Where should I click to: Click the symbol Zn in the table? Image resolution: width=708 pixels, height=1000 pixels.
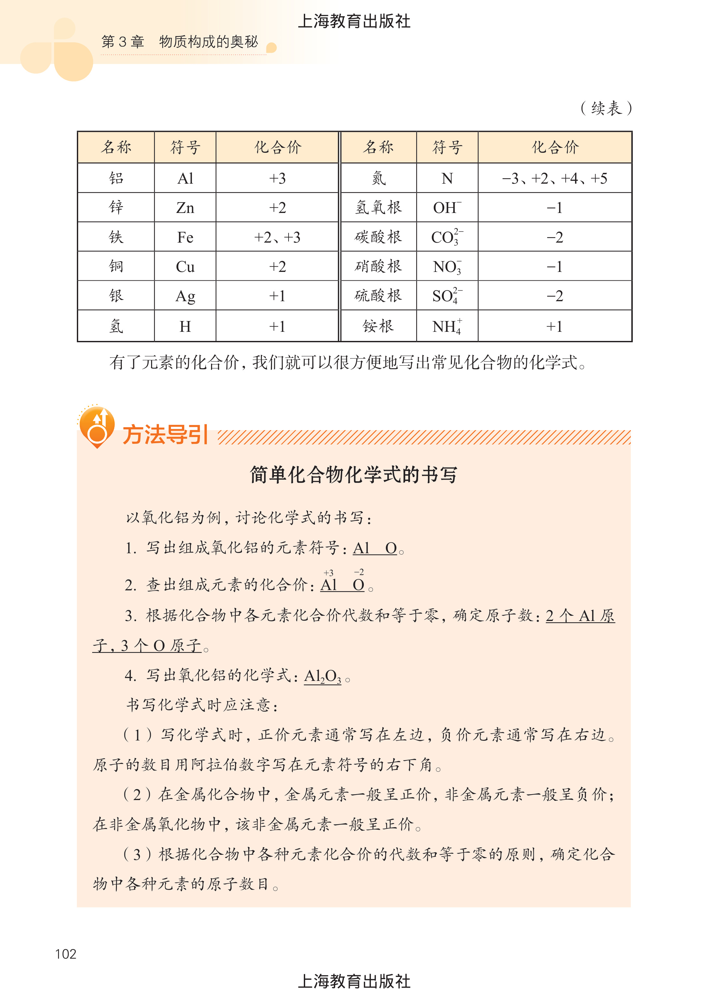tap(185, 207)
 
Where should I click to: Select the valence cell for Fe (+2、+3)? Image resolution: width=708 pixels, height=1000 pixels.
tap(277, 237)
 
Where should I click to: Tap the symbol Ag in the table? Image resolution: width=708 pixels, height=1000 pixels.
tap(185, 296)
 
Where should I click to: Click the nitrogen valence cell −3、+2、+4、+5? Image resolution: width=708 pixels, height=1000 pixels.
tap(555, 178)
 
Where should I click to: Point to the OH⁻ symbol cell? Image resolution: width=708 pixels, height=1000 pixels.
tap(447, 207)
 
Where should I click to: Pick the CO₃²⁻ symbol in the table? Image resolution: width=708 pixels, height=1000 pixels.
tap(447, 237)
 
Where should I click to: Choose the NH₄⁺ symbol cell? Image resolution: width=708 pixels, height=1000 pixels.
tap(447, 326)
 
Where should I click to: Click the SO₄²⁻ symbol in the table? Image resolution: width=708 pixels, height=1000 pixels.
tap(447, 296)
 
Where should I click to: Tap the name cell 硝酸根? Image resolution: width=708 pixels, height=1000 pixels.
tap(378, 266)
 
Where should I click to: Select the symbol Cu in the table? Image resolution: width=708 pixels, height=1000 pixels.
tap(185, 266)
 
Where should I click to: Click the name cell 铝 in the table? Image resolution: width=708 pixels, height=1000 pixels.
tap(116, 178)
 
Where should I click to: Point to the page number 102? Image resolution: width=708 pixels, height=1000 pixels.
tap(66, 954)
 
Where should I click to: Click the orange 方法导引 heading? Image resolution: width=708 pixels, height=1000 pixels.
tap(165, 435)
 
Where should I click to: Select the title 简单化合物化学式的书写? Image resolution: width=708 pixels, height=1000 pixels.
tap(354, 475)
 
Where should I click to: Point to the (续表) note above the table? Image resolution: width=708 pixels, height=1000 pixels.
tap(606, 108)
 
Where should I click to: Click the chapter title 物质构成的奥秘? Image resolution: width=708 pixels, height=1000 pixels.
tap(208, 42)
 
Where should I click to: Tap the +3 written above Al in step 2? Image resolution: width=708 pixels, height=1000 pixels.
tap(329, 573)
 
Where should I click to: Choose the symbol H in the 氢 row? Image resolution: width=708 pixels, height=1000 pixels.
tap(185, 326)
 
